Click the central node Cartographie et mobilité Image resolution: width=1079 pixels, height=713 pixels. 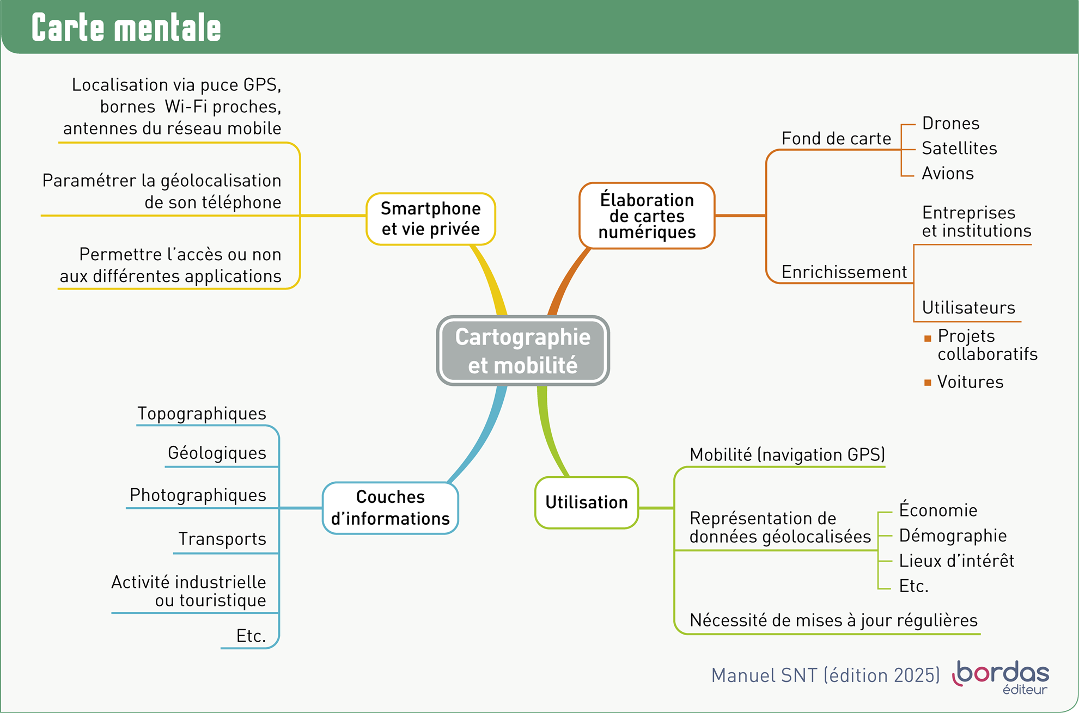(523, 351)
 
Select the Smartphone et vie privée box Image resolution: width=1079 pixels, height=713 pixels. (430, 219)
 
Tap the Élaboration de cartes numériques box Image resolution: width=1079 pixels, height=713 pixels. (647, 216)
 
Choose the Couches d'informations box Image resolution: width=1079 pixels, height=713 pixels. (391, 508)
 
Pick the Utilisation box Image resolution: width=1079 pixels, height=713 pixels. (587, 502)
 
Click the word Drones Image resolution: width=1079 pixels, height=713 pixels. (950, 124)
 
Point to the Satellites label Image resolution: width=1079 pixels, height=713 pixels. (959, 149)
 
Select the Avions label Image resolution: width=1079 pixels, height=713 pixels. (948, 174)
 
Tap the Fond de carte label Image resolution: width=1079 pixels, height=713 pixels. (836, 139)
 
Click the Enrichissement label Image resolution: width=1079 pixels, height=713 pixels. (844, 272)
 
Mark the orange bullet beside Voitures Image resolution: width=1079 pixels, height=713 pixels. (928, 383)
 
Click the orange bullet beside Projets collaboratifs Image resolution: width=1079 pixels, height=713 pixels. (928, 339)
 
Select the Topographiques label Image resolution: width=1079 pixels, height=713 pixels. (202, 414)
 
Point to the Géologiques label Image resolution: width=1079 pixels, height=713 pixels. (217, 453)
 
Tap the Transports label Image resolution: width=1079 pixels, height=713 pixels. (222, 539)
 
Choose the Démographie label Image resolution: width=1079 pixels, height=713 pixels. (953, 536)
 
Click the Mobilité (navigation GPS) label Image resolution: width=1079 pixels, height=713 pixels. (787, 455)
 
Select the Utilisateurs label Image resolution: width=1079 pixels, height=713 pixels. (968, 308)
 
